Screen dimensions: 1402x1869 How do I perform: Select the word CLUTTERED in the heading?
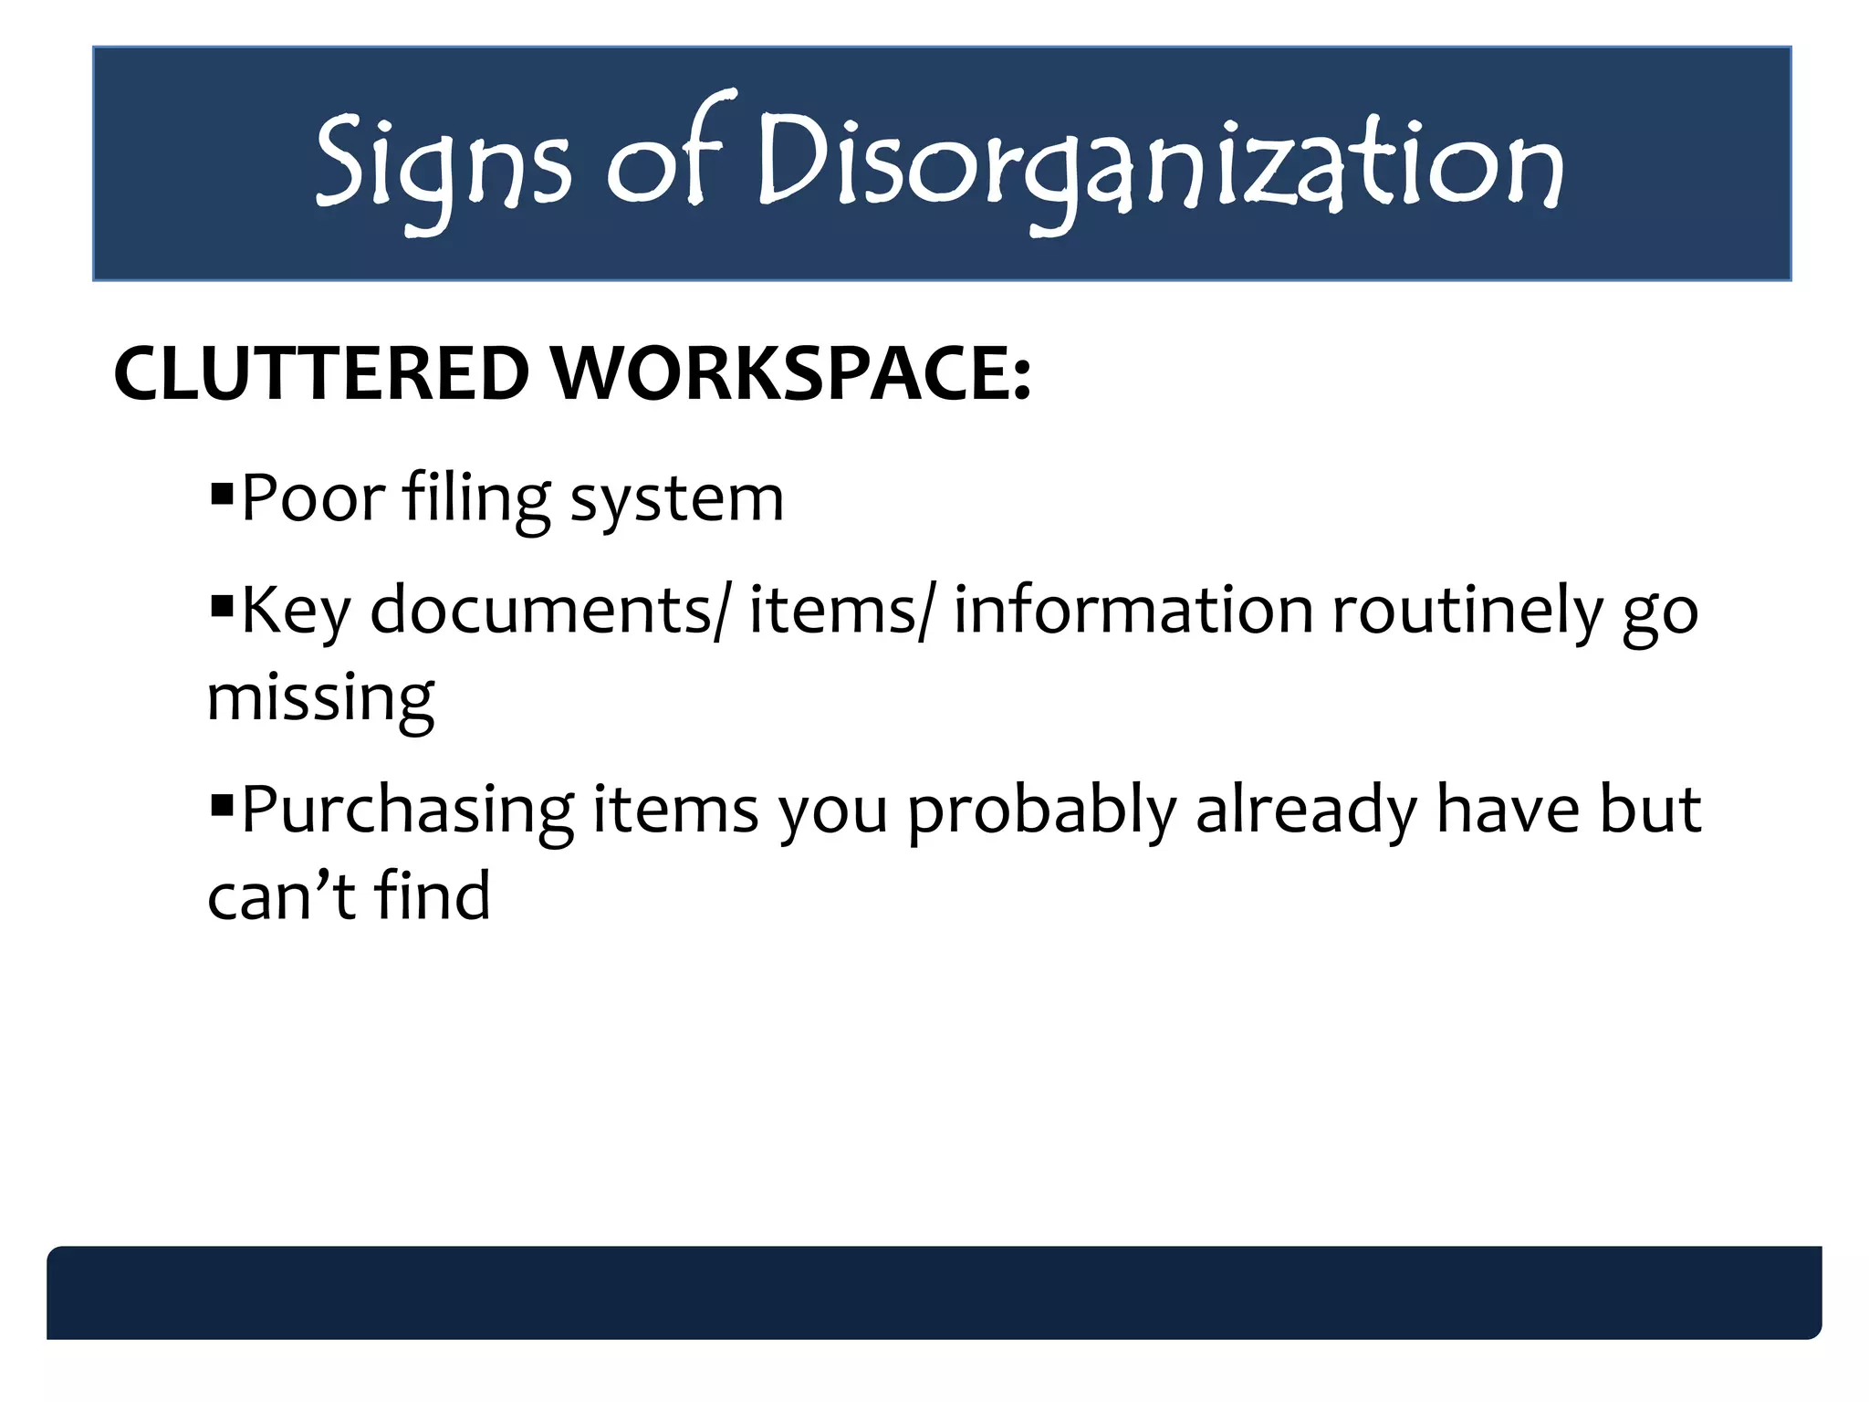321,373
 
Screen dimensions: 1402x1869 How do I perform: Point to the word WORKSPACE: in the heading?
792,373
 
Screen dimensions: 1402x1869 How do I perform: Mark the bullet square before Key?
221,606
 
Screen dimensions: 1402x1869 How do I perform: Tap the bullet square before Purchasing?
221,806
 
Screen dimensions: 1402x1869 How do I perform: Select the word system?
676,500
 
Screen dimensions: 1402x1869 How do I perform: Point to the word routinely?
1467,610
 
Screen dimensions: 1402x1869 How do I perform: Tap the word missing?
320,697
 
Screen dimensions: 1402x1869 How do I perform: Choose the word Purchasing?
407,811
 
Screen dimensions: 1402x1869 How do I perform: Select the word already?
1306,811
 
